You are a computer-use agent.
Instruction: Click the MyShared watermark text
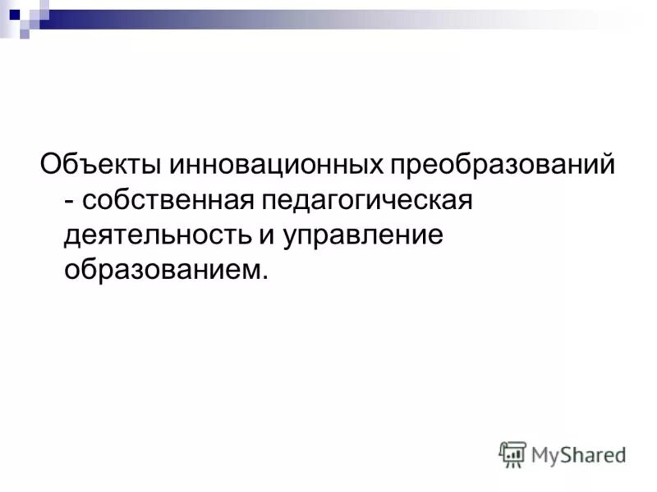point(578,453)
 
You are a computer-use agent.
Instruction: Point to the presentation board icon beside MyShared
point(512,453)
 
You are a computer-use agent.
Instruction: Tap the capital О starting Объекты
point(51,166)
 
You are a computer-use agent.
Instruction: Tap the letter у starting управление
point(292,238)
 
